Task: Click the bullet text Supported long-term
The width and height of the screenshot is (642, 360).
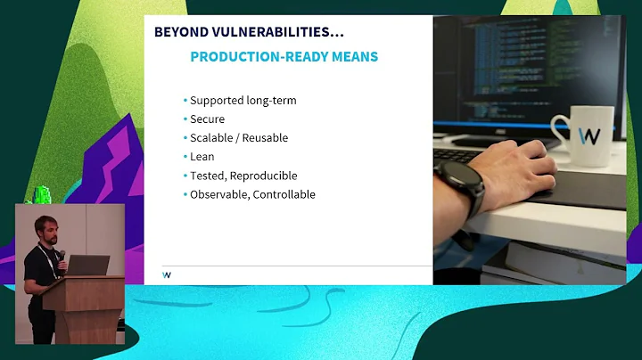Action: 243,100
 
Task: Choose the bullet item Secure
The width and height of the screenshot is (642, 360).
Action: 207,119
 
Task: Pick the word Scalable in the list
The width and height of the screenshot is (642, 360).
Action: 212,138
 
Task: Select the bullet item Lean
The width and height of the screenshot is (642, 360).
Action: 202,157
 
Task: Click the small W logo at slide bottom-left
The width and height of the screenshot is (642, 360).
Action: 167,274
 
